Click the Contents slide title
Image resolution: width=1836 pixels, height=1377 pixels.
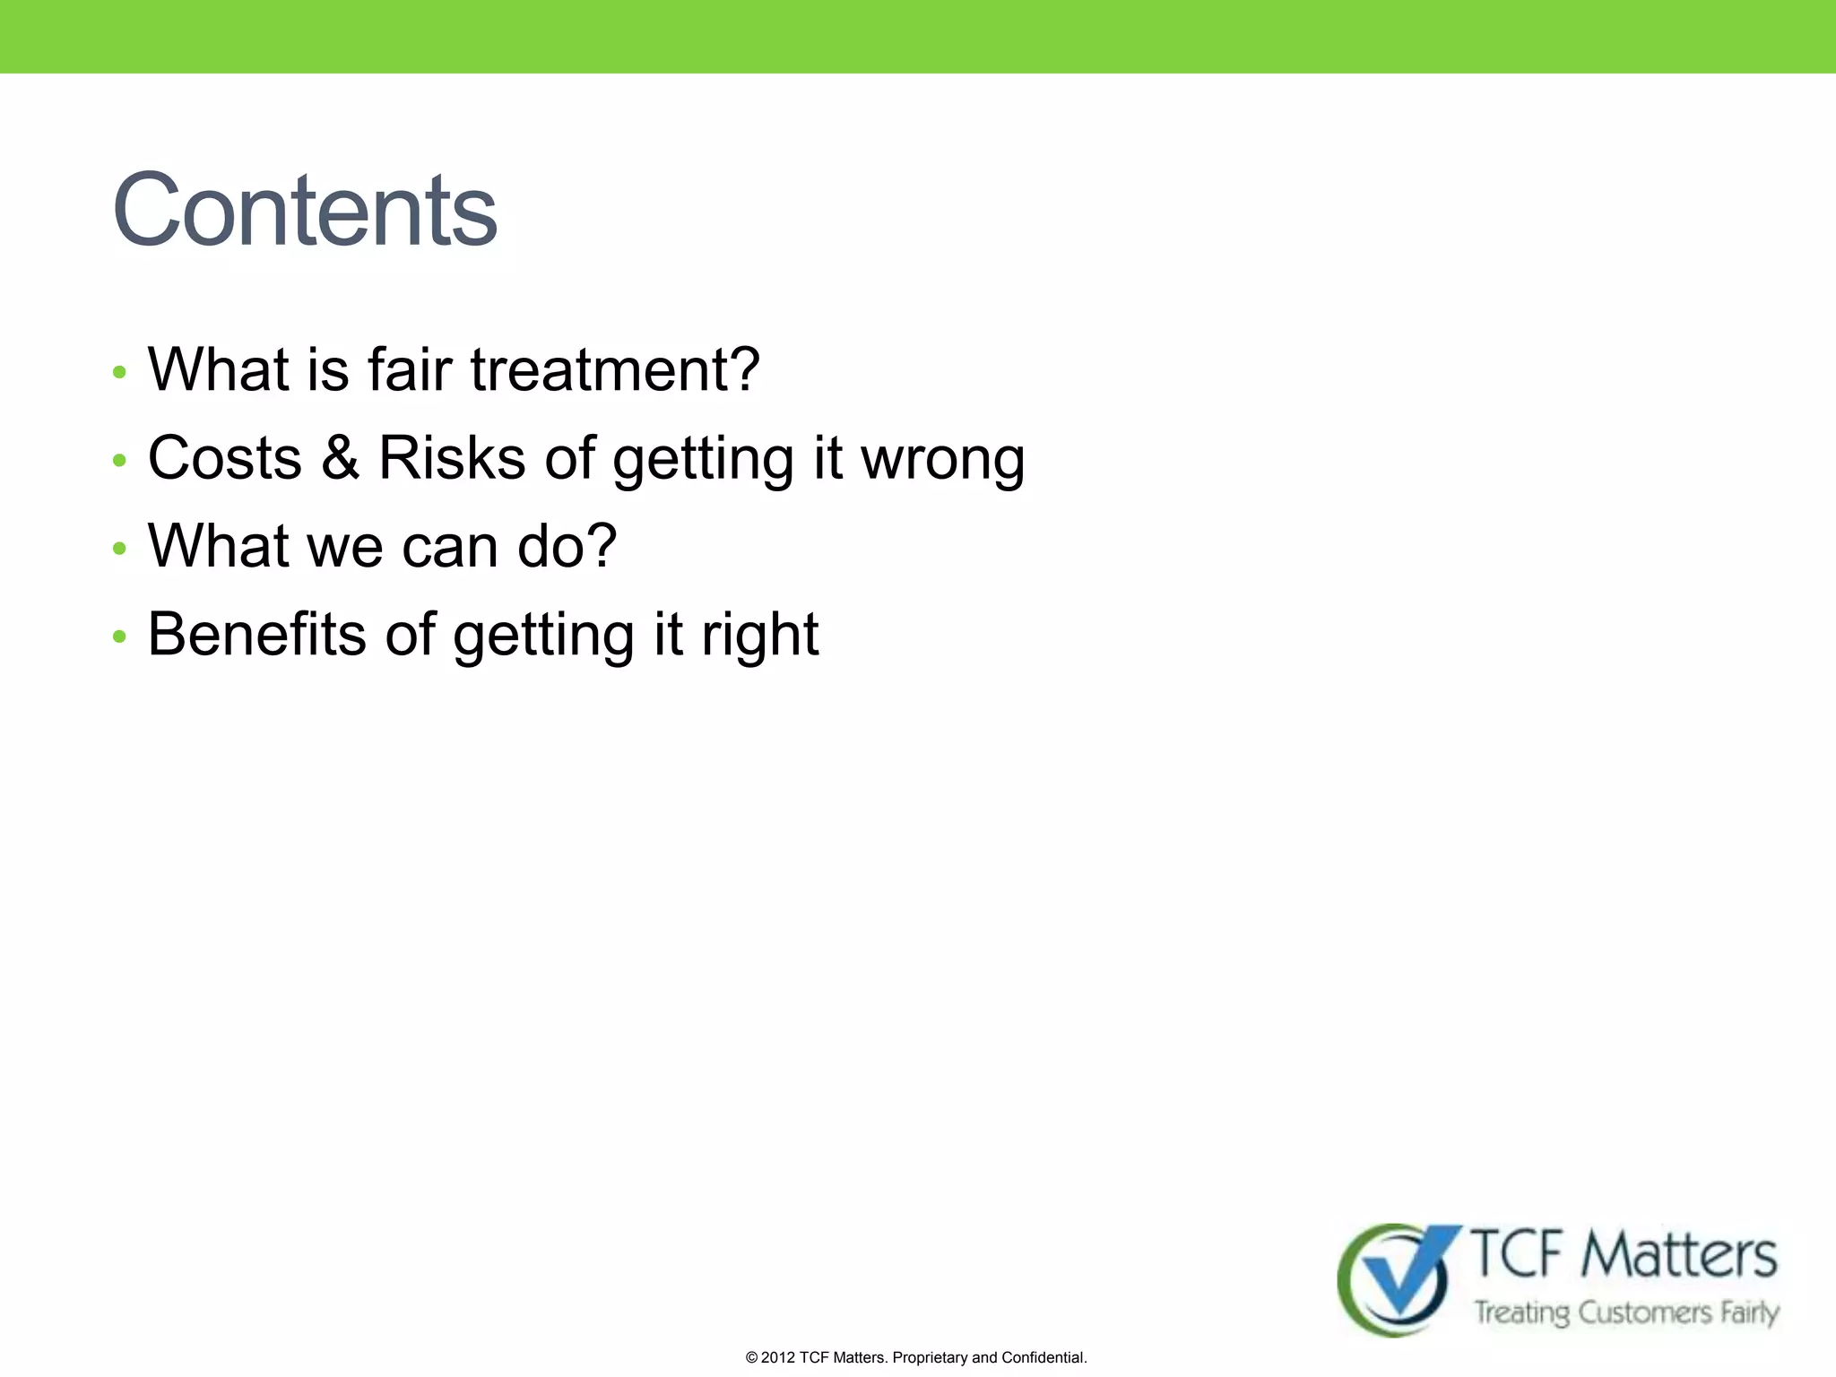coord(305,212)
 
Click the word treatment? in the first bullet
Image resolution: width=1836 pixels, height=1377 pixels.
coord(615,370)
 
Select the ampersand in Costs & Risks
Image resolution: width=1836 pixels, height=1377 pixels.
coord(340,458)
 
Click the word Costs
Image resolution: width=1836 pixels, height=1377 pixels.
coord(225,458)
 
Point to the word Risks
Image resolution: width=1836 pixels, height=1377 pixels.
coord(451,458)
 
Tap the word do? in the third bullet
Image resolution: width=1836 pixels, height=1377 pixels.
coord(567,546)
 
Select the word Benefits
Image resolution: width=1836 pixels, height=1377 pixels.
coord(256,635)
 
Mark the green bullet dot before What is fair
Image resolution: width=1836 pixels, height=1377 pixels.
coord(120,372)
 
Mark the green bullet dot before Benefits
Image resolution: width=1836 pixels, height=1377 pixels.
coord(120,637)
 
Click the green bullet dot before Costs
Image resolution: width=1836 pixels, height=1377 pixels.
coord(120,460)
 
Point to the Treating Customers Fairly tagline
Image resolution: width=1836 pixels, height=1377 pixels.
coord(1626,1312)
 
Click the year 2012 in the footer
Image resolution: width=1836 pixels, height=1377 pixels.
coord(777,1357)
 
